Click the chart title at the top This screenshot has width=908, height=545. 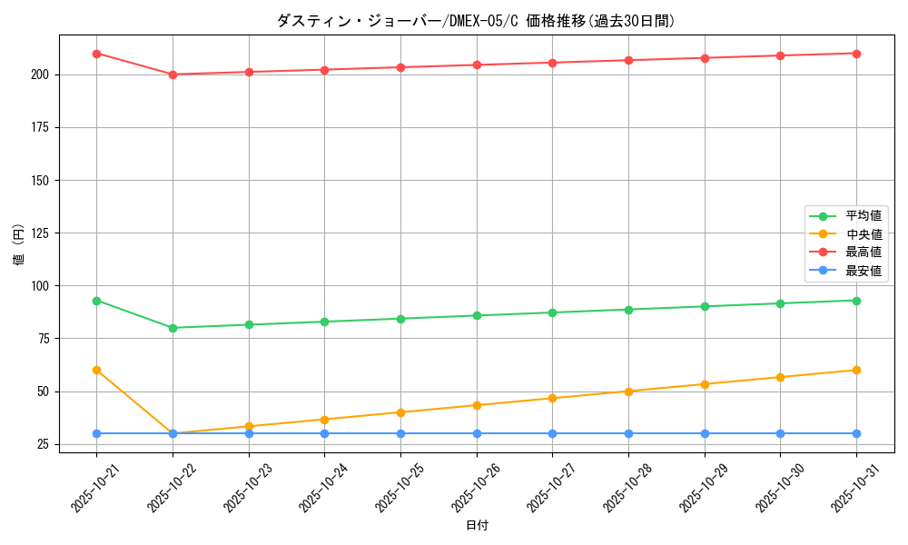point(476,21)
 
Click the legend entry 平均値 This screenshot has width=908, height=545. point(864,216)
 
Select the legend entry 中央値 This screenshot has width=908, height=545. point(864,234)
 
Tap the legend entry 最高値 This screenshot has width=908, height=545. point(864,253)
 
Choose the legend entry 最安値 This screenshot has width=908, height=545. point(864,271)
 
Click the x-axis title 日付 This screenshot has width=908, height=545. point(477,526)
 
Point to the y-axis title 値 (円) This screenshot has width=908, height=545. point(18,244)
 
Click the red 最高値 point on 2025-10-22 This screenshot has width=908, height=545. point(173,74)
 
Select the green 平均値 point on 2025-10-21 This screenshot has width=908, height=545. point(96,301)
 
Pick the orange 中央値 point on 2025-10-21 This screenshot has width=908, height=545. point(96,371)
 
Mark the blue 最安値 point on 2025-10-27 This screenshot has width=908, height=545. point(552,433)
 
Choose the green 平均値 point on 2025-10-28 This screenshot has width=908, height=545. point(628,310)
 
